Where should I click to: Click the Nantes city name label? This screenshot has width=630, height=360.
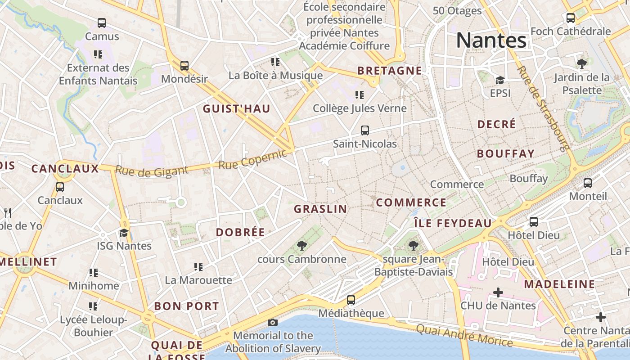click(491, 40)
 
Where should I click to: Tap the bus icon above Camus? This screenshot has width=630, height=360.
click(102, 22)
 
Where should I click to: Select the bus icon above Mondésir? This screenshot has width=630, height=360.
click(184, 65)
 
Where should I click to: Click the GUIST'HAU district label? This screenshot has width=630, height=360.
click(236, 108)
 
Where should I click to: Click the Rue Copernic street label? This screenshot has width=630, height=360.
click(252, 159)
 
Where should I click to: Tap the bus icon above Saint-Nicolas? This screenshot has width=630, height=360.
click(365, 130)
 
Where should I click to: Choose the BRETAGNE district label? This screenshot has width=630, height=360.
click(390, 71)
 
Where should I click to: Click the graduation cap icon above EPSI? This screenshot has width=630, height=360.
click(500, 80)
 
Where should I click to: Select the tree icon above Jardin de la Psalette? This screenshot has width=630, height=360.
click(582, 63)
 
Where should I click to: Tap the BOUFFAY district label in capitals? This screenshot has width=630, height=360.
click(506, 153)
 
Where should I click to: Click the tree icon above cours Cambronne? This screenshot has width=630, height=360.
click(302, 246)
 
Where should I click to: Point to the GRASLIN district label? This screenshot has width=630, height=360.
click(320, 209)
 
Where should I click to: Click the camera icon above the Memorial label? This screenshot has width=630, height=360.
click(272, 322)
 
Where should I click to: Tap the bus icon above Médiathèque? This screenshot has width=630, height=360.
click(351, 300)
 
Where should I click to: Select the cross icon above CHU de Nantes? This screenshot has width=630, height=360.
click(498, 292)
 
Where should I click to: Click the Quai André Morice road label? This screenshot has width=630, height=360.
click(464, 335)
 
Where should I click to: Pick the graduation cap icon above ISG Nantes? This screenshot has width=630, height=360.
click(124, 233)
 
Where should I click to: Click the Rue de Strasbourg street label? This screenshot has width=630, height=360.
click(543, 108)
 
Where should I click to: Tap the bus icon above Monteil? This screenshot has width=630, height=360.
click(587, 183)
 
